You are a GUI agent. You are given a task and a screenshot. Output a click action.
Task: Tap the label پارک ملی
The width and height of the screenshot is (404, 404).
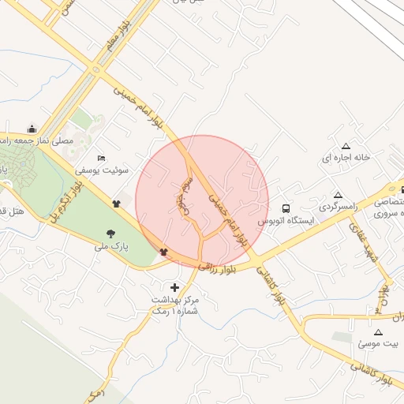pos(110,248)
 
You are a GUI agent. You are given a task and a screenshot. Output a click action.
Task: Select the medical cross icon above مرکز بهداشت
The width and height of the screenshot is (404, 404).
pos(174,286)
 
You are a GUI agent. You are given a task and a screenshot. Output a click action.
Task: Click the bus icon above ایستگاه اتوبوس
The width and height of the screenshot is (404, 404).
pos(286,208)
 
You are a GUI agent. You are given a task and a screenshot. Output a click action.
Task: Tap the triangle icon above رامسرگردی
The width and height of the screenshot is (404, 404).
pos(338,195)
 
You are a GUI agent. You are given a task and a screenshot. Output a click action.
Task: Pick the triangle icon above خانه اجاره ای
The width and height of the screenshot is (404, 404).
pos(345,146)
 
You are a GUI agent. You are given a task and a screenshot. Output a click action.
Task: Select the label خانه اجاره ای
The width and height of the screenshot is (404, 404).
pos(346,158)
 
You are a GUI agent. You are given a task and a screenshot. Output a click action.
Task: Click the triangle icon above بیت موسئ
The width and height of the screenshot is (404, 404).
pos(378,332)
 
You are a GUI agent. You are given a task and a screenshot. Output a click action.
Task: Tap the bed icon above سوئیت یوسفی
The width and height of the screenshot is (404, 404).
pos(100,157)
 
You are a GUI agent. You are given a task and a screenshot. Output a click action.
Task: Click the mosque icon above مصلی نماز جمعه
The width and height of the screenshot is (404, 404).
pos(32,129)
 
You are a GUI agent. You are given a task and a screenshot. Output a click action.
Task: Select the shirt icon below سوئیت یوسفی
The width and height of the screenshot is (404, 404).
pos(117,203)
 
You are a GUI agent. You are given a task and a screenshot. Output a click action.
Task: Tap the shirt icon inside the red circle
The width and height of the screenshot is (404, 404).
pos(163,252)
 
